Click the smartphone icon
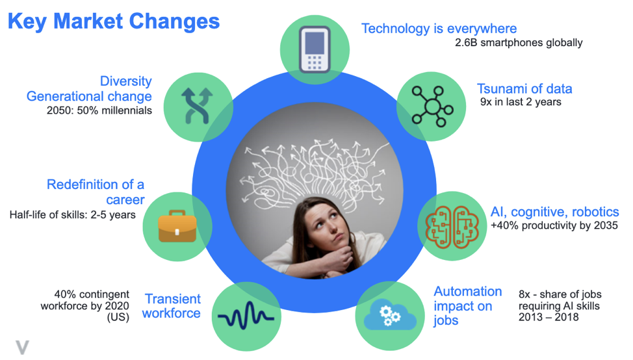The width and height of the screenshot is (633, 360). [x=315, y=49]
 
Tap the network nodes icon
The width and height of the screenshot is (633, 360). [x=432, y=107]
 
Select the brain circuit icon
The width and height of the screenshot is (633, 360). [x=452, y=227]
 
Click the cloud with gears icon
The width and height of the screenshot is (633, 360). [x=390, y=315]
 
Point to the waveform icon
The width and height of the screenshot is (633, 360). [x=246, y=315]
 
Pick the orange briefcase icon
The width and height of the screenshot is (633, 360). [x=177, y=226]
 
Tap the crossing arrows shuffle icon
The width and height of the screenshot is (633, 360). [x=197, y=106]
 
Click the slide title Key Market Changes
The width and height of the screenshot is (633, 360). [x=114, y=21]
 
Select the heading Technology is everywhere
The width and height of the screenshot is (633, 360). [x=439, y=29]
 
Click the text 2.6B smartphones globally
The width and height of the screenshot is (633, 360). [x=519, y=42]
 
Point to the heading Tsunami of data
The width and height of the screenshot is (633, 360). [x=524, y=89]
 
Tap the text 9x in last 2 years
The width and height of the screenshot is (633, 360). [x=521, y=102]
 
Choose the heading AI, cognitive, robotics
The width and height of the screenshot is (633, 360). [x=554, y=212]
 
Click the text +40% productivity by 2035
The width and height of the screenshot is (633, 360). [x=554, y=225]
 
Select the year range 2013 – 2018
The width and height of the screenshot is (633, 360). [x=549, y=317]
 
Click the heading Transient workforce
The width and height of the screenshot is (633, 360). [x=172, y=306]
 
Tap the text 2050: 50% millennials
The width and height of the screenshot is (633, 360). [x=99, y=110]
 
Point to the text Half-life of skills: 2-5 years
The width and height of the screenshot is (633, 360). [x=73, y=214]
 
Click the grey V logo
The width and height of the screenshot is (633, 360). [x=23, y=347]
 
